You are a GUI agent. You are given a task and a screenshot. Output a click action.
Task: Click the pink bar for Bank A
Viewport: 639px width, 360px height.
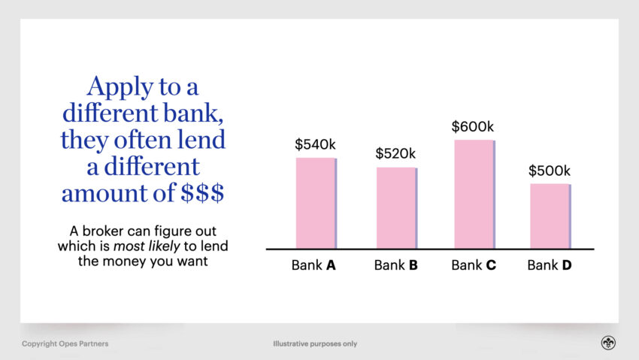(316, 203)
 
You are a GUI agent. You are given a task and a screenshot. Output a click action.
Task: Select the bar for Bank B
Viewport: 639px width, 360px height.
(396, 207)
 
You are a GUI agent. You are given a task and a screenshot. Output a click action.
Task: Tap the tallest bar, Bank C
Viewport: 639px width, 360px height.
(475, 194)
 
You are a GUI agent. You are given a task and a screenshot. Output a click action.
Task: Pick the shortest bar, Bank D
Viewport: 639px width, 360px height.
(550, 216)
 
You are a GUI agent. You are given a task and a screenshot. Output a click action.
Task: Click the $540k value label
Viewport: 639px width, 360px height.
(315, 144)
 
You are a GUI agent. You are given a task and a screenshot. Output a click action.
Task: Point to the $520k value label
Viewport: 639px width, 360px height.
(395, 153)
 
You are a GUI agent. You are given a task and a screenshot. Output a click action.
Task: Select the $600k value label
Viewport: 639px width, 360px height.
(472, 127)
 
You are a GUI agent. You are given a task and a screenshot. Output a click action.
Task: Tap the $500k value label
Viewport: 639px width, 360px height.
(550, 171)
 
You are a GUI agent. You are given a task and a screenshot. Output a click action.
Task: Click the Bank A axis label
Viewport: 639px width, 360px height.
(313, 265)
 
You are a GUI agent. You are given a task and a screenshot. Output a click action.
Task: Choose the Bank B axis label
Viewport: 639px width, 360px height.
(395, 265)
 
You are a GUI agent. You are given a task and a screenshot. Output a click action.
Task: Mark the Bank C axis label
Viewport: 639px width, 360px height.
(474, 265)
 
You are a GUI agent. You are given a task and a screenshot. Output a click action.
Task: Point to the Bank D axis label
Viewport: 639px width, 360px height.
(550, 265)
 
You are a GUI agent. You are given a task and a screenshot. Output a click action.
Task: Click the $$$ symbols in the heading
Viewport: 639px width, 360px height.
(202, 192)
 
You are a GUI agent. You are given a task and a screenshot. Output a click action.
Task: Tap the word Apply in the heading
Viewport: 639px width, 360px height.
(120, 87)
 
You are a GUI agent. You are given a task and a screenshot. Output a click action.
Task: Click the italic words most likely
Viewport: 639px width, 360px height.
(147, 246)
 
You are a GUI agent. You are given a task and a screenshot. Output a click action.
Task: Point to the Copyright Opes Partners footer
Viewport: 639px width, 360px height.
(65, 343)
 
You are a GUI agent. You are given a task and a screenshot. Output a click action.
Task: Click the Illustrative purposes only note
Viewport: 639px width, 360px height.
(315, 343)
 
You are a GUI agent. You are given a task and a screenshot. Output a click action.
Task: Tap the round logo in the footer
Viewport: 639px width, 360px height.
(608, 343)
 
